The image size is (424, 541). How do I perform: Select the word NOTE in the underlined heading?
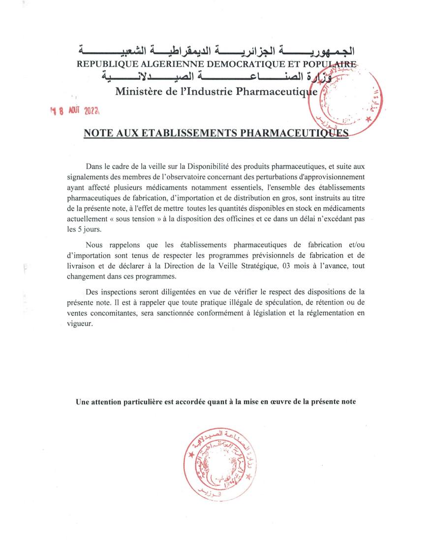click(98, 133)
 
